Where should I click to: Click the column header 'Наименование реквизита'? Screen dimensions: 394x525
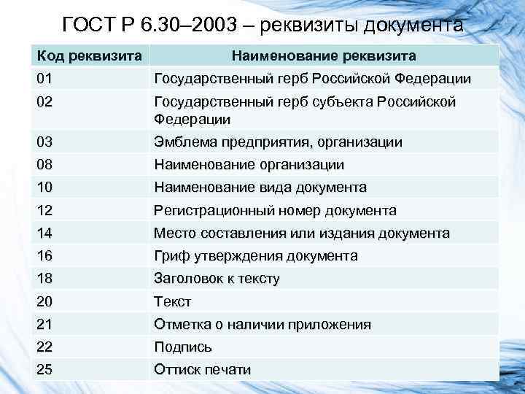[324, 55]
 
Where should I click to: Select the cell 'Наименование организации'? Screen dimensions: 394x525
[249, 165]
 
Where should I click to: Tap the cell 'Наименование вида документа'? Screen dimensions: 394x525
[260, 188]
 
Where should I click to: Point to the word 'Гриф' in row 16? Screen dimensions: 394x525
[170, 256]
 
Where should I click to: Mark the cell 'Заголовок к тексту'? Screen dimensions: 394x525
[217, 279]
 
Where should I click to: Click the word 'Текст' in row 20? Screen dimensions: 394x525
[172, 301]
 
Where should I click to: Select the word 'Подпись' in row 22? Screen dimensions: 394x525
[183, 347]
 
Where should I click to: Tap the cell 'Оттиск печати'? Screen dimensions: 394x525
[202, 370]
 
